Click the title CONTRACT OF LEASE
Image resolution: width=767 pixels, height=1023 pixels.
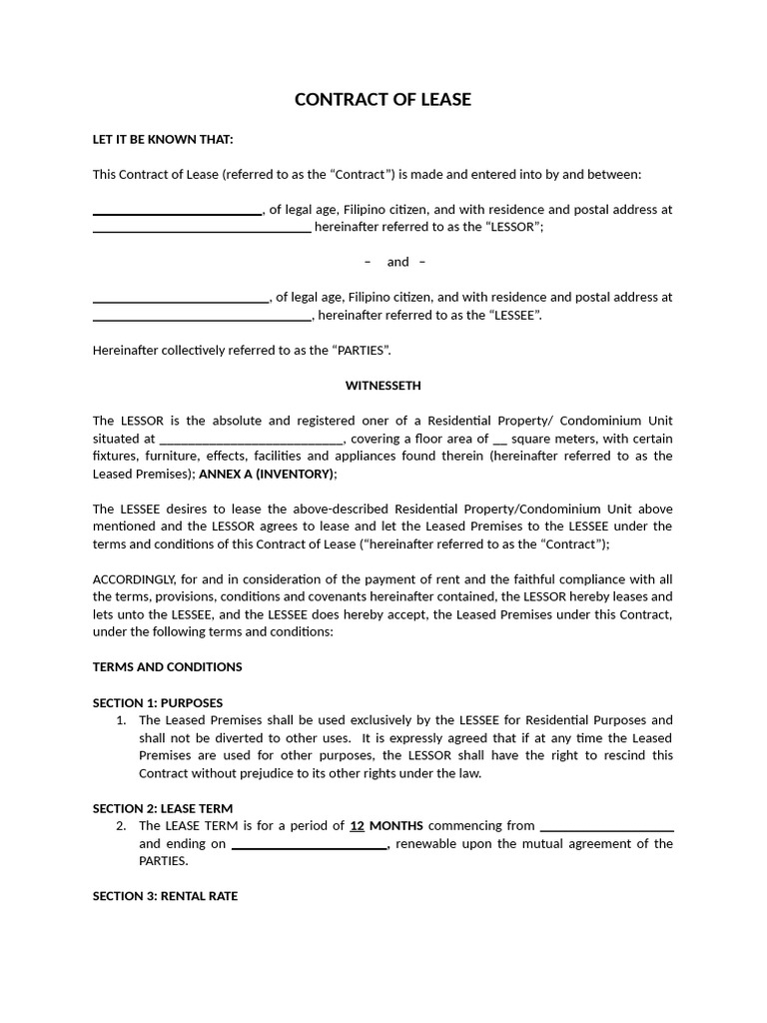click(383, 100)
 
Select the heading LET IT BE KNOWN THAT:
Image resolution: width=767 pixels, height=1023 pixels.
click(163, 139)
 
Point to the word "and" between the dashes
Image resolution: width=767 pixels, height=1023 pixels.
click(397, 262)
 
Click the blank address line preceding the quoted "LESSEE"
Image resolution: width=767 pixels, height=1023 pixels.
click(202, 317)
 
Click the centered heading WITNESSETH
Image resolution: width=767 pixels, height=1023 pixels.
click(383, 385)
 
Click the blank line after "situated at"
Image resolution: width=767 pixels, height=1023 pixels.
click(252, 440)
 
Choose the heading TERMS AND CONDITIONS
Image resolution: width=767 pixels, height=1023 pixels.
click(167, 666)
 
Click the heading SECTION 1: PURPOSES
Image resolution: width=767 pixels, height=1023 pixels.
click(158, 702)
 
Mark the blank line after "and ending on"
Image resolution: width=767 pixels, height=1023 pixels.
click(310, 845)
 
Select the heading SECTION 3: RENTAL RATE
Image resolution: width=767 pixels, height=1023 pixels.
click(165, 896)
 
